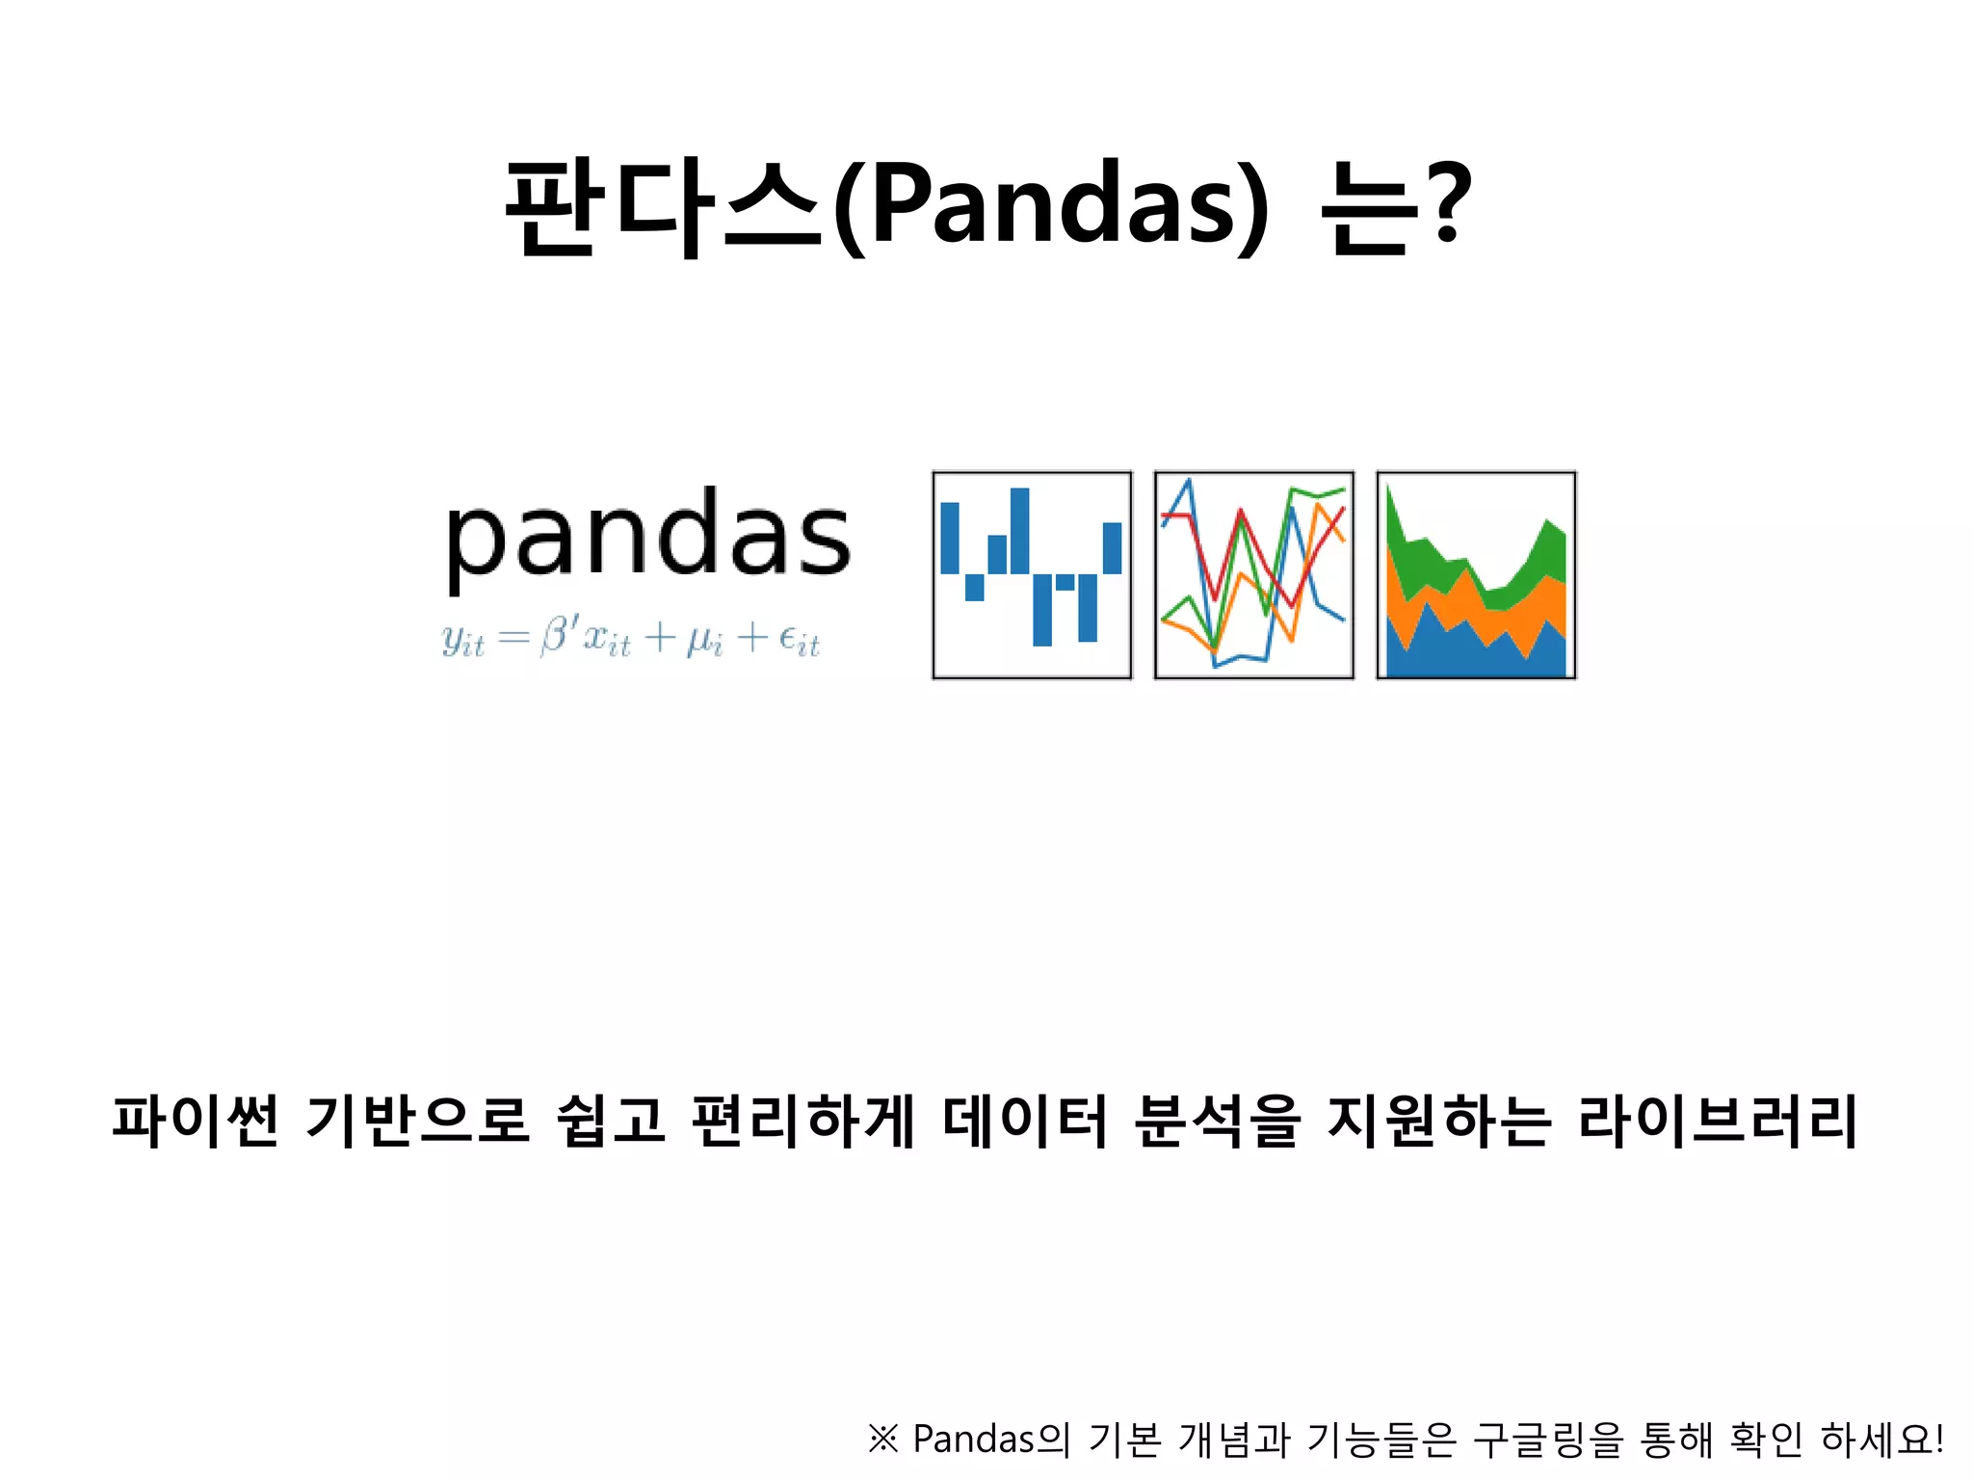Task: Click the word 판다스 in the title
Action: point(665,207)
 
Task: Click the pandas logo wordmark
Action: point(647,537)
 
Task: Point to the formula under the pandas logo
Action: point(631,638)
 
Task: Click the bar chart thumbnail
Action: point(1032,575)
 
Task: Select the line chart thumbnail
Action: point(1254,575)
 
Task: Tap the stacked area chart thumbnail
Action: point(1476,575)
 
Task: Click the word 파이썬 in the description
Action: point(196,1122)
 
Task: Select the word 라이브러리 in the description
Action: point(1718,1122)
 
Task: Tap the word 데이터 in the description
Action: point(1026,1122)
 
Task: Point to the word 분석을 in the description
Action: point(1218,1122)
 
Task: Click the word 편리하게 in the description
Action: point(802,1122)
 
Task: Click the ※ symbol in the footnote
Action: point(883,1440)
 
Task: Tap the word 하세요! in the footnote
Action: point(1881,1440)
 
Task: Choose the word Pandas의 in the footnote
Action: point(991,1440)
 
